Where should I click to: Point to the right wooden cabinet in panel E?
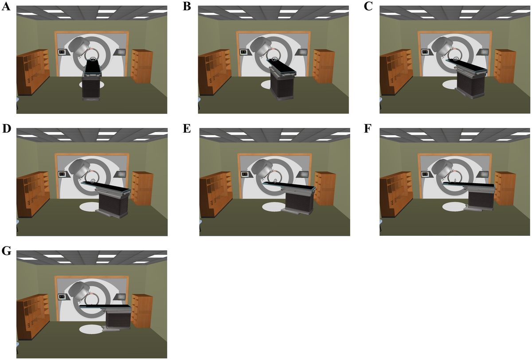pos(324,188)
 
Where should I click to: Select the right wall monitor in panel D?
pos(121,174)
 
